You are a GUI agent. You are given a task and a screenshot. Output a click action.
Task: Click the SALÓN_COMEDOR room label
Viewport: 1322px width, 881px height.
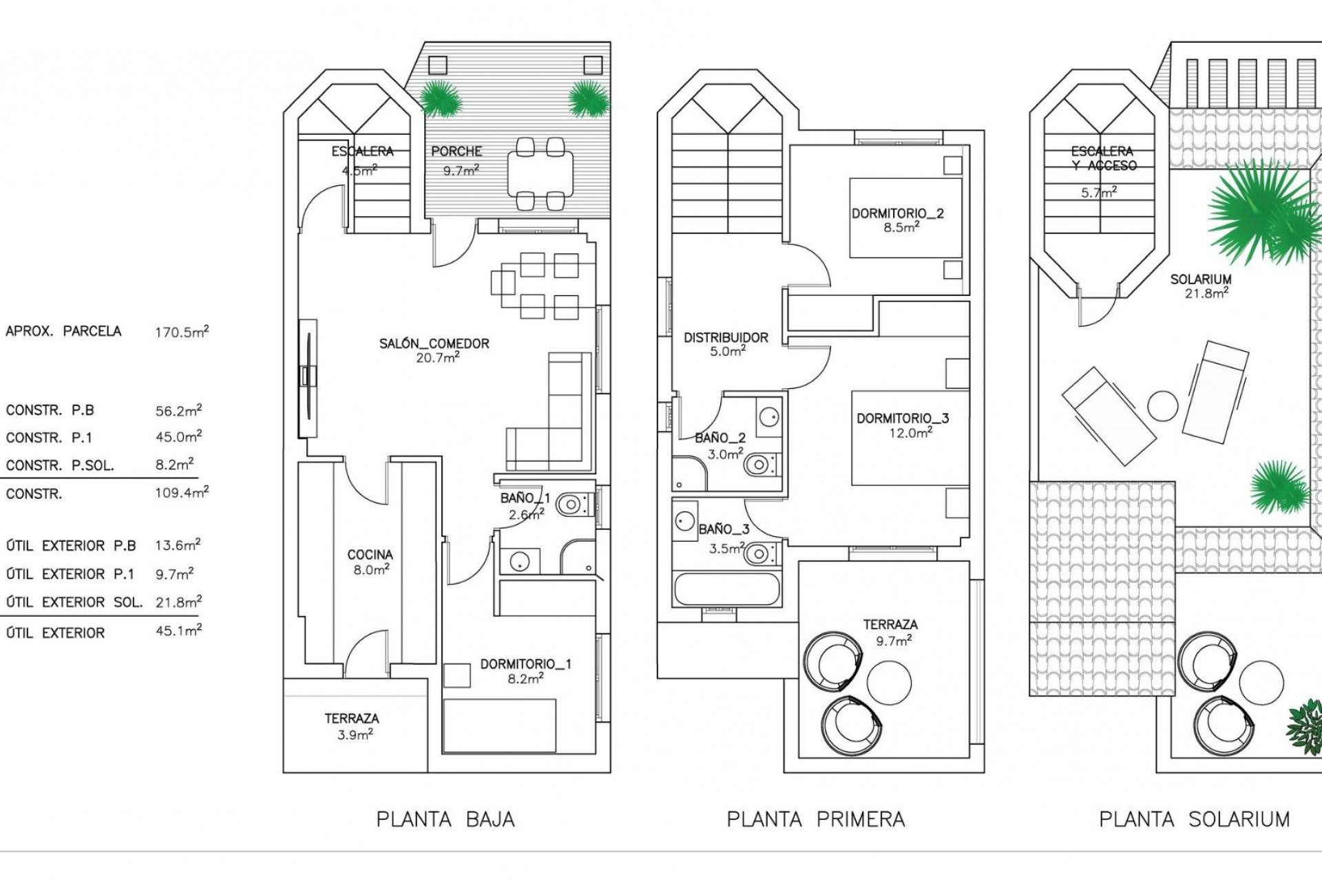point(434,343)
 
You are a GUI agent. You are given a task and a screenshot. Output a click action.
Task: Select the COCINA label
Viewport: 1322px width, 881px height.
point(370,555)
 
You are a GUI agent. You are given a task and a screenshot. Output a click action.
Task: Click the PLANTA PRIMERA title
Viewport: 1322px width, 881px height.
point(816,819)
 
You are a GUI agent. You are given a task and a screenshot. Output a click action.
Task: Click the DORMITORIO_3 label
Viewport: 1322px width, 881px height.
point(903,418)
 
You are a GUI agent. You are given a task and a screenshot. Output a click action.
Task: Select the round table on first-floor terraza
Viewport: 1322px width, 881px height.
point(889,682)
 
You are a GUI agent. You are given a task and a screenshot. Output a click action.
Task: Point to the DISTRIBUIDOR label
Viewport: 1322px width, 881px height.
point(726,338)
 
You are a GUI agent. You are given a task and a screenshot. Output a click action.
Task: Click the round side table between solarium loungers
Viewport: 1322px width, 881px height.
point(1163,406)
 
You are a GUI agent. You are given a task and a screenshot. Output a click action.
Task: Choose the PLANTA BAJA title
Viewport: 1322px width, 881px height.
point(445,819)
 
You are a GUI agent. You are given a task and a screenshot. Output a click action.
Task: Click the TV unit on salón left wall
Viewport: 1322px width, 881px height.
point(308,377)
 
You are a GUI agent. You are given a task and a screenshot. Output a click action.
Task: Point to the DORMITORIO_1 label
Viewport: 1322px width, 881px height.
point(525,665)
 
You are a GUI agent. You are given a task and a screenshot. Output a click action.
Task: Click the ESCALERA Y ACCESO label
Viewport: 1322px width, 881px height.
point(1103,158)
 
